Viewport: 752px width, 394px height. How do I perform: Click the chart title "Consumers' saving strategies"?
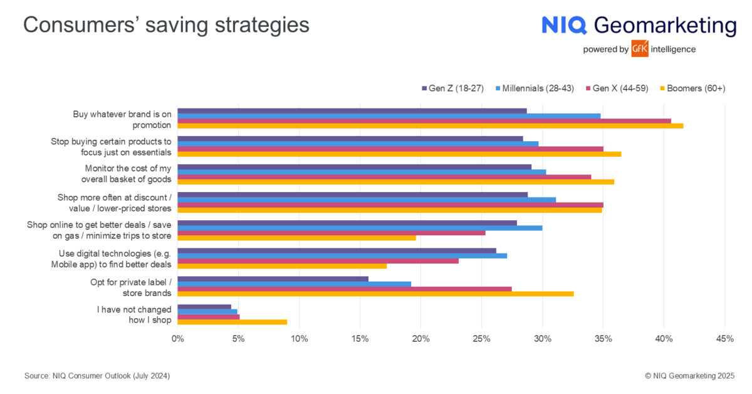166,25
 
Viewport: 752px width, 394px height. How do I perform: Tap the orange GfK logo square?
640,48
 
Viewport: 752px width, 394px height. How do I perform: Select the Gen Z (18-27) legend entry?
452,88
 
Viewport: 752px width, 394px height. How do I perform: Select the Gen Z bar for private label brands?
273,279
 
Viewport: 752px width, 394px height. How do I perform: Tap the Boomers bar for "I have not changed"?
232,322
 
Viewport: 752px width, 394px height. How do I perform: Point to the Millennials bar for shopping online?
360,228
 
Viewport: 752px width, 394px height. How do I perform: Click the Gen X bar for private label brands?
344,289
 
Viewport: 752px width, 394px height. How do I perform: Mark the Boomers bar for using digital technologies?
282,266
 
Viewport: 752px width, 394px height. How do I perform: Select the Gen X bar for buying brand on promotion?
424,121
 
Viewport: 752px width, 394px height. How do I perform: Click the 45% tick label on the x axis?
724,339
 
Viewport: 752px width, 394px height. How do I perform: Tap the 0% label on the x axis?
178,339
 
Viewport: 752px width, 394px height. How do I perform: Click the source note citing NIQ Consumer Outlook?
97,376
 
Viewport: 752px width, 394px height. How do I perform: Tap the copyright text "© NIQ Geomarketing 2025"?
689,376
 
